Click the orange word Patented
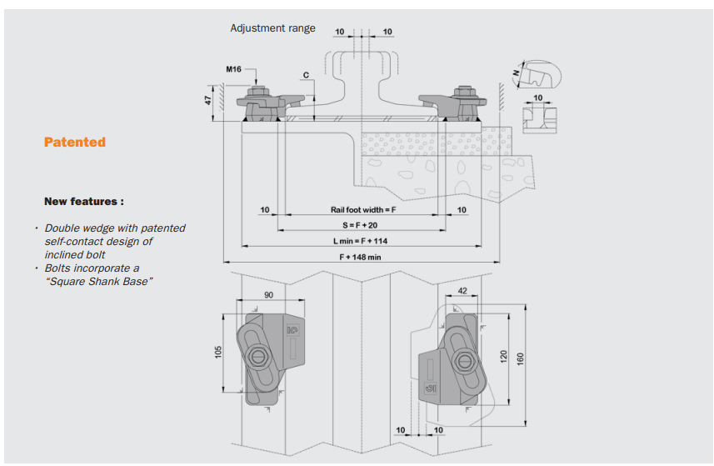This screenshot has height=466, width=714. [x=75, y=142]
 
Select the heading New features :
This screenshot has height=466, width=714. [x=84, y=202]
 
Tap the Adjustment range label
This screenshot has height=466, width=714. [x=272, y=28]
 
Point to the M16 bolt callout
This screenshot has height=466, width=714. [x=233, y=69]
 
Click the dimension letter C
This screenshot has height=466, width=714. [x=306, y=75]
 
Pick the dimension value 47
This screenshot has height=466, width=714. [x=208, y=100]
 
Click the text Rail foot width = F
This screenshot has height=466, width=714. [x=363, y=209]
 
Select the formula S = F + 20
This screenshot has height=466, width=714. [x=360, y=225]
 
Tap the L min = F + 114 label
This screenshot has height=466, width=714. [x=360, y=241]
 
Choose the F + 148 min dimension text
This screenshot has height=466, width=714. [x=360, y=257]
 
